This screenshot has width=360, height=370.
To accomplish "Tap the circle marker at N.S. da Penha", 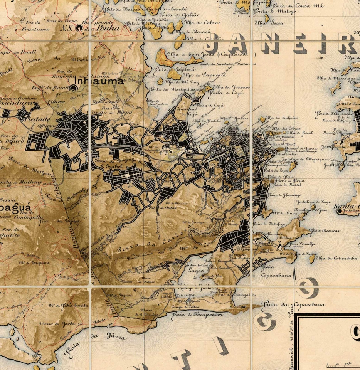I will pos(80,28).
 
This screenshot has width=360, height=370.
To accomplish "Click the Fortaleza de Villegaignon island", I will pos(293,166).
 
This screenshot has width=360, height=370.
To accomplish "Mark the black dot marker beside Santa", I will pos(339,211).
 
